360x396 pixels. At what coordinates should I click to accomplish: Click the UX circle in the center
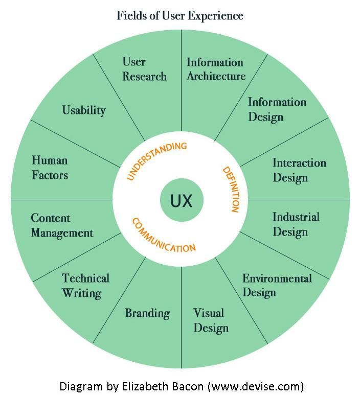[181, 200]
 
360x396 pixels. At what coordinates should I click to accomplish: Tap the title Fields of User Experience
[180, 15]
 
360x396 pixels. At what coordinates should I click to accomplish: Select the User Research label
[144, 69]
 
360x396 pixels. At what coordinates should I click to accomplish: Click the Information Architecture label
[216, 69]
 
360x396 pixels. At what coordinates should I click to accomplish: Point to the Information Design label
[277, 109]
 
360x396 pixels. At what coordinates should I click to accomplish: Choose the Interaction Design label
[299, 170]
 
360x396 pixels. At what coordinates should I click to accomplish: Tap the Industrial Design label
[296, 224]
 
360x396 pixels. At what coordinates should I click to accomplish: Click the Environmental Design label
[277, 285]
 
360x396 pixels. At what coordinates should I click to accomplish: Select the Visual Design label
[210, 320]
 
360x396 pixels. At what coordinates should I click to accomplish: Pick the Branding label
[147, 313]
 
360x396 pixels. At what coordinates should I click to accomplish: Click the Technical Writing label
[85, 285]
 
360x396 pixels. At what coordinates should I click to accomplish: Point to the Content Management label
[62, 225]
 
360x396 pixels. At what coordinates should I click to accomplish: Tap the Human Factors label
[50, 168]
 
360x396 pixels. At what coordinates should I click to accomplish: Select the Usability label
[84, 110]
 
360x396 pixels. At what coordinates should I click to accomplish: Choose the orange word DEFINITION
[231, 189]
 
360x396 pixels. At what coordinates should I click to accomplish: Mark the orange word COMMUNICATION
[163, 236]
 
